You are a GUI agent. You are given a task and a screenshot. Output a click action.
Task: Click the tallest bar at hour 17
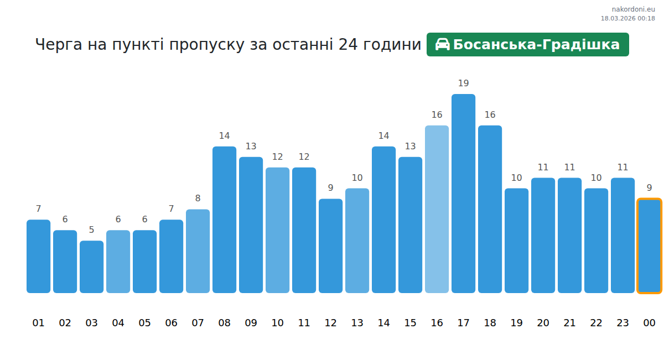click(x=463, y=194)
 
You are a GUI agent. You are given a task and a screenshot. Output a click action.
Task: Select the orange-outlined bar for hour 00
click(x=649, y=246)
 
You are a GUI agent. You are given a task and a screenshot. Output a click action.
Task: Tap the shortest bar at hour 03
click(x=91, y=267)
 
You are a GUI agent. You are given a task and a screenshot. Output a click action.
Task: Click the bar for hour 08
click(x=224, y=220)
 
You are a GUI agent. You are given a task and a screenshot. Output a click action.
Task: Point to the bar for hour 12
click(x=330, y=246)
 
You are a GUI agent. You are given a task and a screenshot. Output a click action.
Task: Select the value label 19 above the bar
click(x=463, y=84)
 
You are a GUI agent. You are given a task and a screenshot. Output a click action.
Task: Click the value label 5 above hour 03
click(x=91, y=230)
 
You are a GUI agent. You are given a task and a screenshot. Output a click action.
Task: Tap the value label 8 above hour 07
click(x=198, y=199)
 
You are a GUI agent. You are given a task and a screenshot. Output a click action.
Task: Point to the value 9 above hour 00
click(x=649, y=188)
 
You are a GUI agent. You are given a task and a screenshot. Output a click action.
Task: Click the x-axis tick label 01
click(x=38, y=323)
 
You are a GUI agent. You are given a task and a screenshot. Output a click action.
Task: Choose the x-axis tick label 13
click(x=357, y=323)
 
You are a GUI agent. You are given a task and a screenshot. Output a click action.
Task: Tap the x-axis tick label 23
click(x=622, y=323)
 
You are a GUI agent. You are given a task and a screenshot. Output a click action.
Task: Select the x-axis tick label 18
click(x=490, y=323)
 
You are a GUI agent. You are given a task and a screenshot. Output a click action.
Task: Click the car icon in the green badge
click(x=442, y=45)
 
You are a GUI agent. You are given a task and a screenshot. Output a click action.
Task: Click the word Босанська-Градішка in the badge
click(x=536, y=45)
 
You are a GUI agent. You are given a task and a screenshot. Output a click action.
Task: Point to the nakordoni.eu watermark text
click(x=633, y=9)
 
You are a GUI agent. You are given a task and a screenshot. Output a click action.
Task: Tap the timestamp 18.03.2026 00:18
click(x=627, y=18)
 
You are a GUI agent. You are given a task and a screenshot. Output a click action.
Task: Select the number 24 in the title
click(x=348, y=45)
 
